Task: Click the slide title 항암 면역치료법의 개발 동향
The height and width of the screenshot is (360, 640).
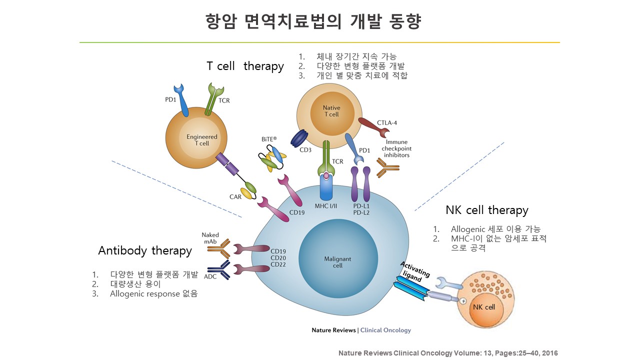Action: (313, 21)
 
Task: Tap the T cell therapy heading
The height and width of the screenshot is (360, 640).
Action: (245, 66)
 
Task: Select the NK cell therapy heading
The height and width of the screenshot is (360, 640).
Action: (486, 210)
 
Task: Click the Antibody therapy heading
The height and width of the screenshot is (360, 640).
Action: (145, 250)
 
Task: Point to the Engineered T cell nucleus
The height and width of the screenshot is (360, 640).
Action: (202, 140)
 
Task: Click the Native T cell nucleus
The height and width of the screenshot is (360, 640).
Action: (331, 111)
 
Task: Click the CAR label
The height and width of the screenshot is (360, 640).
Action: (235, 196)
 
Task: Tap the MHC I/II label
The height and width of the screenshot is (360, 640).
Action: (325, 205)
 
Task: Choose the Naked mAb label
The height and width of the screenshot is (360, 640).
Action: (210, 238)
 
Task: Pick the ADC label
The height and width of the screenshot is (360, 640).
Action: (210, 276)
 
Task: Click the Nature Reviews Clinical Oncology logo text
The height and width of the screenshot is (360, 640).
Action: (361, 330)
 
